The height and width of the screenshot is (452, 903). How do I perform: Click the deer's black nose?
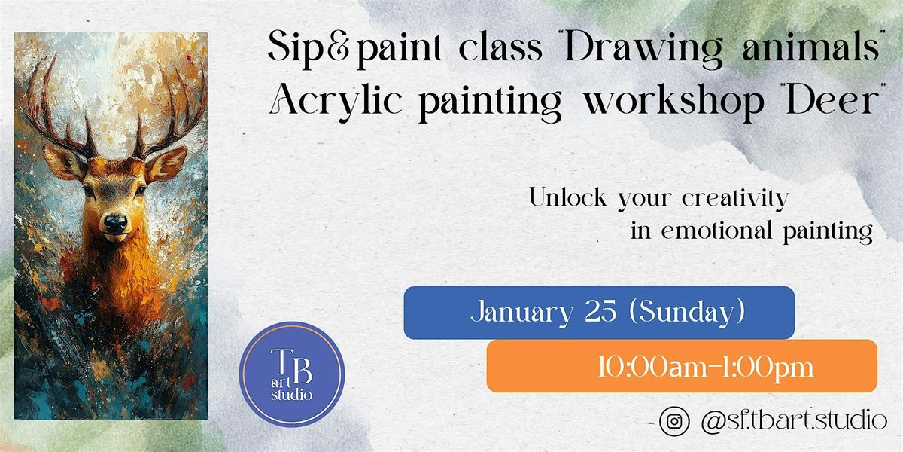[x=116, y=224]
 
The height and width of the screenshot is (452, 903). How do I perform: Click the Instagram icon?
[x=674, y=421]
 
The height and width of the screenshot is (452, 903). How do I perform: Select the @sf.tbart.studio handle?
[x=794, y=421]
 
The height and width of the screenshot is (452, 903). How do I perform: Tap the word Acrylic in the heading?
[x=336, y=101]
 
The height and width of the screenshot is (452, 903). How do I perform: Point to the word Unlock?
[x=568, y=197]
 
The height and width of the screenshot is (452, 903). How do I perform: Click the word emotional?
[x=716, y=231]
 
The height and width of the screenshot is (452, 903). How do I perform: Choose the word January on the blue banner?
[x=521, y=313]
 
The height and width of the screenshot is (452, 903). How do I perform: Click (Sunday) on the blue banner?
[x=686, y=312]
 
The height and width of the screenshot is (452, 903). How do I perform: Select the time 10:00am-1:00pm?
[x=707, y=368]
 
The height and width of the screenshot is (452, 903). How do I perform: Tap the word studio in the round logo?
[x=291, y=394]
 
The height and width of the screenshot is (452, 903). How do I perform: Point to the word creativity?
[x=735, y=199]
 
